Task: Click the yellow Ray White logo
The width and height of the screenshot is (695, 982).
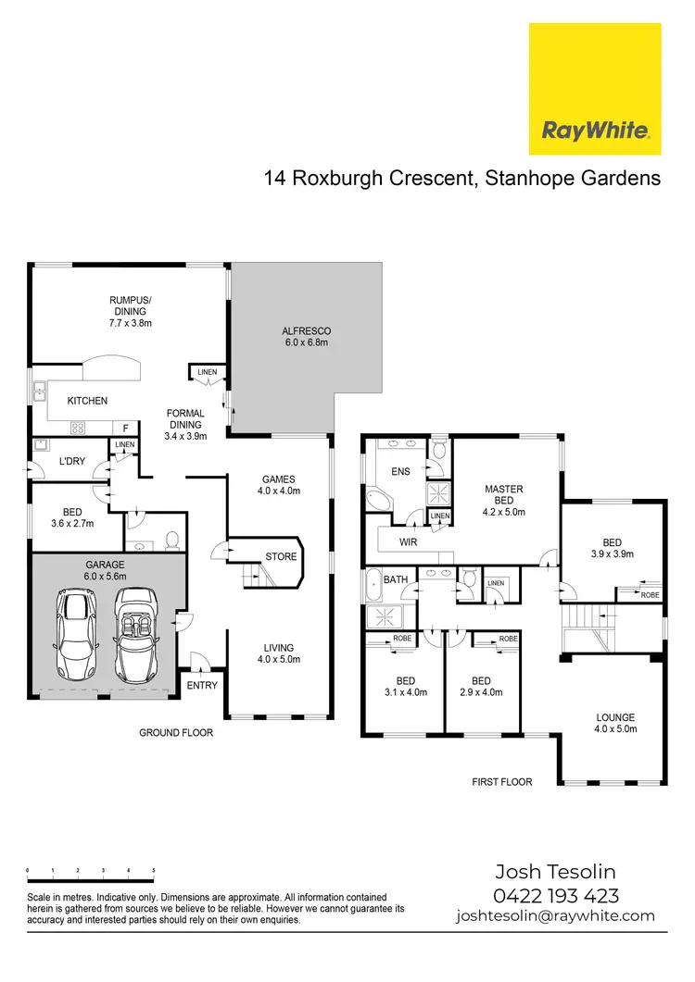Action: (x=594, y=89)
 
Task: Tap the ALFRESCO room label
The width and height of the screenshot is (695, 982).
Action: (x=306, y=336)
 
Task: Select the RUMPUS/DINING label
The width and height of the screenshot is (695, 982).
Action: (x=130, y=317)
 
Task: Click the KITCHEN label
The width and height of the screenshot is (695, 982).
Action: (x=86, y=401)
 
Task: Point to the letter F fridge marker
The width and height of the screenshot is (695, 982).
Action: (x=126, y=428)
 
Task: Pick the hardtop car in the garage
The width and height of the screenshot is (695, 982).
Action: (x=75, y=634)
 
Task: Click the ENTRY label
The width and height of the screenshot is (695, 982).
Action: (x=203, y=686)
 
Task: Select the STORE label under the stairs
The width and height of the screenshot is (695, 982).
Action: (x=281, y=557)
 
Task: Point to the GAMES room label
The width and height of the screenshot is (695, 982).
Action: (x=278, y=485)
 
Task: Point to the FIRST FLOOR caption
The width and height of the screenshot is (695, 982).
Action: (x=502, y=782)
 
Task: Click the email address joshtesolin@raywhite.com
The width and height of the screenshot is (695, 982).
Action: (x=555, y=916)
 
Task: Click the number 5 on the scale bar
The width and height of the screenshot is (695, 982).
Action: (x=154, y=871)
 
